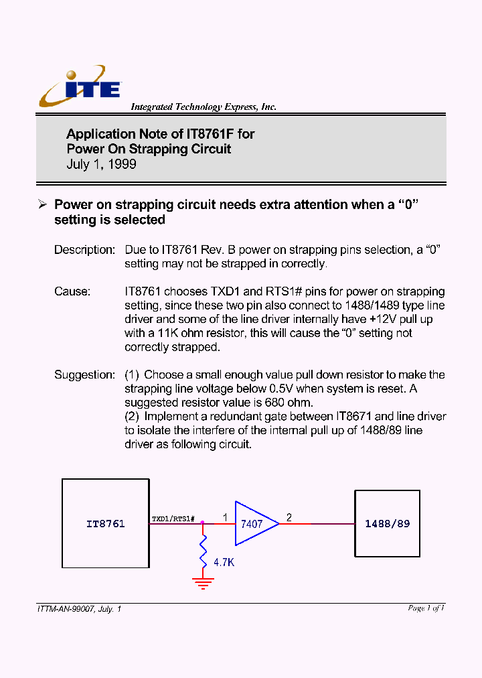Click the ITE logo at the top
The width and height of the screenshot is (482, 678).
[x=80, y=87]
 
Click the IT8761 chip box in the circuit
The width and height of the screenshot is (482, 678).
[x=105, y=523]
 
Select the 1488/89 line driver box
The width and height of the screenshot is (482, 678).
[x=387, y=523]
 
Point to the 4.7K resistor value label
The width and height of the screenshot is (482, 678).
[x=224, y=563]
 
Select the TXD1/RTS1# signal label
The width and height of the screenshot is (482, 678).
[x=173, y=519]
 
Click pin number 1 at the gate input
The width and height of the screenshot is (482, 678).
[x=225, y=517]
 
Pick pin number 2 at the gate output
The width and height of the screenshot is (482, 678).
[x=289, y=517]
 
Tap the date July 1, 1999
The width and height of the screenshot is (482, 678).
[x=101, y=164]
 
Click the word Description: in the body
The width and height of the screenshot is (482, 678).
[x=85, y=249]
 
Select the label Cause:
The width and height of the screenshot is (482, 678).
[x=72, y=291]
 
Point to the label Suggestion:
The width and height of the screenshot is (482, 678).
[x=85, y=375]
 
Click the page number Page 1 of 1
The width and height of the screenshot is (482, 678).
[x=426, y=608]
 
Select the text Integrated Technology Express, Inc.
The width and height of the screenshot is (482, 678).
[x=203, y=107]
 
